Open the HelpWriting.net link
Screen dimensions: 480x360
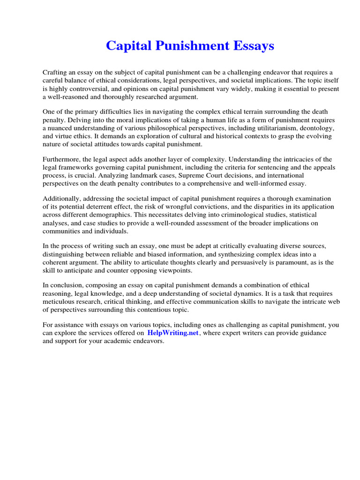(173, 333)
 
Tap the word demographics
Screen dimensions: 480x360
(110, 215)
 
